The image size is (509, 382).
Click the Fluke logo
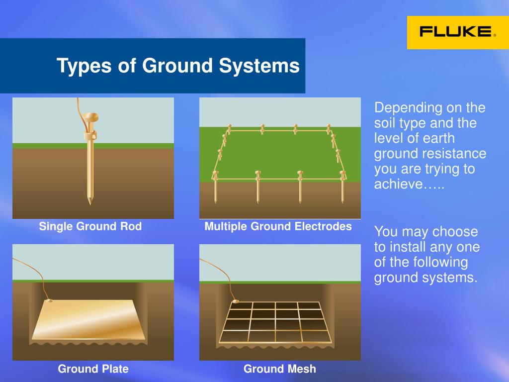[458, 32]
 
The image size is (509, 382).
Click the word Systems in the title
[259, 66]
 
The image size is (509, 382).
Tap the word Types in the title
[84, 66]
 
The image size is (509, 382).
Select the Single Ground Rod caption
[90, 226]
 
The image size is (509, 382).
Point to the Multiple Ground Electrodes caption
[278, 226]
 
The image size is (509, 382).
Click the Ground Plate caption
[93, 369]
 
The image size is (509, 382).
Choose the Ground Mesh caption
[280, 369]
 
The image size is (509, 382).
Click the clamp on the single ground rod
[90, 135]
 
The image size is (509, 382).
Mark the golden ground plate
[88, 320]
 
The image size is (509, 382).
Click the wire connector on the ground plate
[49, 301]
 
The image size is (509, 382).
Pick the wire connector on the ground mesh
[236, 302]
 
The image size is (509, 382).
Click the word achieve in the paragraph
[399, 184]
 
